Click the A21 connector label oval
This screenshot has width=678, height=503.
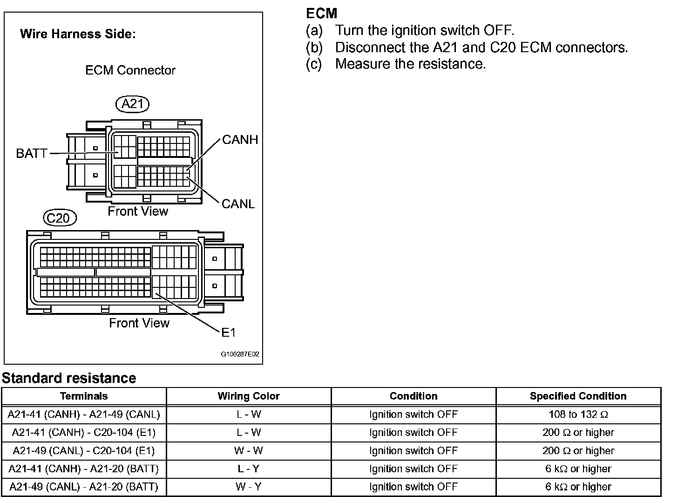point(132,103)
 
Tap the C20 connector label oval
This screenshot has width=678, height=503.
point(59,218)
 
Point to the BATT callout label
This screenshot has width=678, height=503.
point(31,153)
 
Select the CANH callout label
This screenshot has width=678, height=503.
point(240,140)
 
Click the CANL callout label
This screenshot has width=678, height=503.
point(238,204)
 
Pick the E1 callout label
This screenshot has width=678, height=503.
point(228,332)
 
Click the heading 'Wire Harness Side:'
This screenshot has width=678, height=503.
point(78,34)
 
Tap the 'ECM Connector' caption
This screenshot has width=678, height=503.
point(130,70)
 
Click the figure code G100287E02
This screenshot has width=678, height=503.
point(240,354)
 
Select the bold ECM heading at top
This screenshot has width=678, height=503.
point(321,14)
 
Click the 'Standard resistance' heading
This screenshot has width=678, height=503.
point(69,378)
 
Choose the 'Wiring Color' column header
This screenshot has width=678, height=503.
point(248,396)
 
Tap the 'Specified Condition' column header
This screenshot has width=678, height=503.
point(578,396)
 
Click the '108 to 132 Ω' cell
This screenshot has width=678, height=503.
point(578,415)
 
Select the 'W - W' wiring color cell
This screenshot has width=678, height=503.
point(248,451)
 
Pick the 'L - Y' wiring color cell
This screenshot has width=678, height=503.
point(248,469)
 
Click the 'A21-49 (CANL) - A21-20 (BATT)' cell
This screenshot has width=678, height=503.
point(84,487)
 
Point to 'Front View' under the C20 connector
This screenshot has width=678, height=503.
point(139,323)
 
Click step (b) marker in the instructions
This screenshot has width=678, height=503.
point(314,48)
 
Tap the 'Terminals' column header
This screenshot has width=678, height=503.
point(84,396)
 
